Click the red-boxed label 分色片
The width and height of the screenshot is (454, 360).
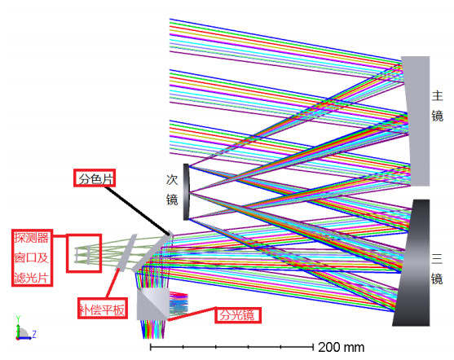point(95,178)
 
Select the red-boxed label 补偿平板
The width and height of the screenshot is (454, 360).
point(103,308)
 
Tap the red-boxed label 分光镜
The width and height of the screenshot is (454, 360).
point(238,315)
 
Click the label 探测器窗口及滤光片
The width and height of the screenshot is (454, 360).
point(32,258)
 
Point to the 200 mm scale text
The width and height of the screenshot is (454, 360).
point(341,347)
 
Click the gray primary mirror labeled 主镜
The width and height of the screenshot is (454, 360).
point(417,121)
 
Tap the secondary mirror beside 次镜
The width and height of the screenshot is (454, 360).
point(186,192)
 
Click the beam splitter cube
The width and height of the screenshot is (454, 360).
point(152,304)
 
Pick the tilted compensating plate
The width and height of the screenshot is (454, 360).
point(126,252)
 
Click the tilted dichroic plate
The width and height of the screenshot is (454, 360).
point(152,252)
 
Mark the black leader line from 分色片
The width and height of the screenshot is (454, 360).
point(138,211)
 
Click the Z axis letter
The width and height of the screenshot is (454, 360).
point(34,334)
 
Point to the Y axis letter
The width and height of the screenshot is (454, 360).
point(18,319)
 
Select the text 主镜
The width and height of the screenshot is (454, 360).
point(437,106)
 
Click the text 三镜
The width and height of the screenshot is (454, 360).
point(437,269)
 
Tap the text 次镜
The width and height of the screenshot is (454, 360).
point(172,190)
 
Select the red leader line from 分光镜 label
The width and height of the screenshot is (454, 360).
point(192,314)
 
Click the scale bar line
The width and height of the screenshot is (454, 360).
point(231,346)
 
